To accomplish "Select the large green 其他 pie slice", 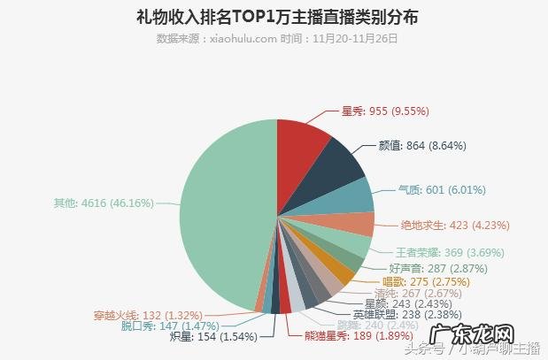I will [221, 212].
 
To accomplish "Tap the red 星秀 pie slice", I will [302, 146].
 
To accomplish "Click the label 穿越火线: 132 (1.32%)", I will [149, 314].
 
